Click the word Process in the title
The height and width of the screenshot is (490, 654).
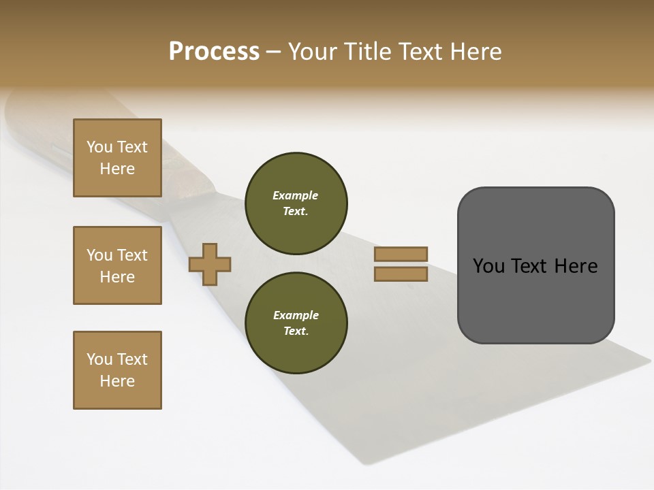coord(214,51)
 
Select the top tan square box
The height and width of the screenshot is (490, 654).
coord(117,158)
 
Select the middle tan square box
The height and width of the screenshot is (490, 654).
coord(117,265)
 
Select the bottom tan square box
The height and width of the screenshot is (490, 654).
coord(117,370)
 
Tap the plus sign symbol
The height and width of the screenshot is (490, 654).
coord(210,264)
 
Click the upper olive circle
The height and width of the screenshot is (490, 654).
coord(296,203)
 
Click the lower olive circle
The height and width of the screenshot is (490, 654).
coord(296,323)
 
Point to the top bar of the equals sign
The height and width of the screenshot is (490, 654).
coord(401,254)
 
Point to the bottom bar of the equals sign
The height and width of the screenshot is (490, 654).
coord(401,274)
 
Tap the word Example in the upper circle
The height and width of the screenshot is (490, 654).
coord(295,195)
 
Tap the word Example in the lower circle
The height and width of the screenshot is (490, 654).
coord(295,315)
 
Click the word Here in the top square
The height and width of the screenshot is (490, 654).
coord(117,169)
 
